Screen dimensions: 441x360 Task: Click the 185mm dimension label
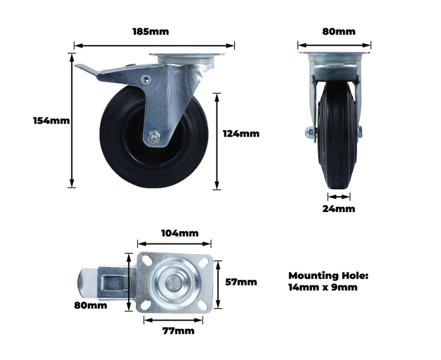point(151,32)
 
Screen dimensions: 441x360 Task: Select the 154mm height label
point(52,120)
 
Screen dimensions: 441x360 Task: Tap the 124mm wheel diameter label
point(241,134)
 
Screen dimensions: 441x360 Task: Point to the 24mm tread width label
point(338,209)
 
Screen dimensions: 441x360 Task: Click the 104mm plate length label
point(180,233)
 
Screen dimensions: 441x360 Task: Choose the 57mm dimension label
point(241,282)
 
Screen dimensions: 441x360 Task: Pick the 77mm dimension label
point(178,331)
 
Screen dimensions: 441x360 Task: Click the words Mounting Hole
point(328,276)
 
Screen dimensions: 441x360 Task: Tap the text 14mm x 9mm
point(323,288)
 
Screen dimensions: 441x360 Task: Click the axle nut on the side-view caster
point(154,138)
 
